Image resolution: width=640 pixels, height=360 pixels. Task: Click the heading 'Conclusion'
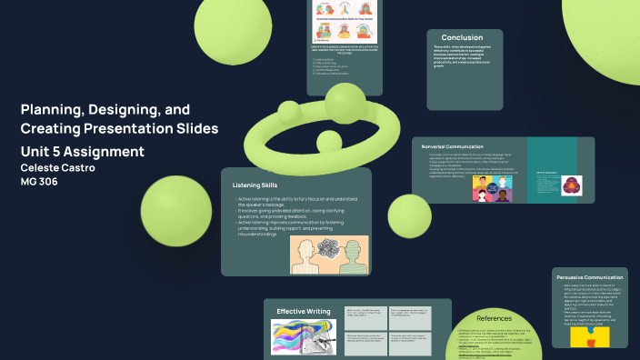pos(462,37)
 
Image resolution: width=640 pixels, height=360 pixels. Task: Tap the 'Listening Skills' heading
pos(255,185)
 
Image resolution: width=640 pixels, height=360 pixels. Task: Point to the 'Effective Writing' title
pos(303,311)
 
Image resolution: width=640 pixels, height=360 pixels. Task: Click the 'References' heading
pos(495,318)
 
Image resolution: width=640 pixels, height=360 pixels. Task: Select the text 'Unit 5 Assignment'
pos(82,151)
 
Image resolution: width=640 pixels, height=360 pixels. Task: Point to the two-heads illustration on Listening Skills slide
pos(329,255)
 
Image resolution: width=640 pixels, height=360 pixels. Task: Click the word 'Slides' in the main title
pos(195,129)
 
